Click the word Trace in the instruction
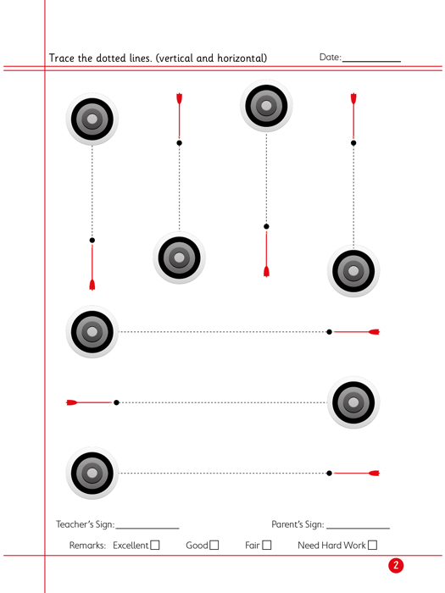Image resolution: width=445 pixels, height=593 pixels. click(62, 58)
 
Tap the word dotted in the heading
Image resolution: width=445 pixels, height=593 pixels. click(111, 58)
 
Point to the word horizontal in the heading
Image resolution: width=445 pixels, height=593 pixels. click(240, 58)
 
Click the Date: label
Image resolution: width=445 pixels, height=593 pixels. click(331, 57)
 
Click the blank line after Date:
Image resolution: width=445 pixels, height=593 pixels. click(371, 61)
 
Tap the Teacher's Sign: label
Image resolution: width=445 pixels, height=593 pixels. click(85, 524)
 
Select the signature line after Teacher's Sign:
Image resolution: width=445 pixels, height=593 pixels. click(147, 529)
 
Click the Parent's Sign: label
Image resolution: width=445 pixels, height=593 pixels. click(298, 524)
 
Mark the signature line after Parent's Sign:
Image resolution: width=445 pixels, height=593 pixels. click(358, 529)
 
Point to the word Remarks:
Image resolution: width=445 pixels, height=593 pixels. click(87, 546)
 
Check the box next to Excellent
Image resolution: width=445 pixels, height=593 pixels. click(155, 545)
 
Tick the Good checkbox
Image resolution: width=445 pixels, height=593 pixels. click(214, 545)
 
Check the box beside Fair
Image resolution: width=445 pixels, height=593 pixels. click(267, 545)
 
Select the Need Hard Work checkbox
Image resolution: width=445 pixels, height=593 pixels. click(372, 545)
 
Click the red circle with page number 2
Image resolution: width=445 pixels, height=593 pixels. click(396, 565)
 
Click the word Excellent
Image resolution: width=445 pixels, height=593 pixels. click(131, 546)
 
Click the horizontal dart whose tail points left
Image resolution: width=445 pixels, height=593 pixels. click(89, 402)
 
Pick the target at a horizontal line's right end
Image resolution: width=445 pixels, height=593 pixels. click(353, 402)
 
